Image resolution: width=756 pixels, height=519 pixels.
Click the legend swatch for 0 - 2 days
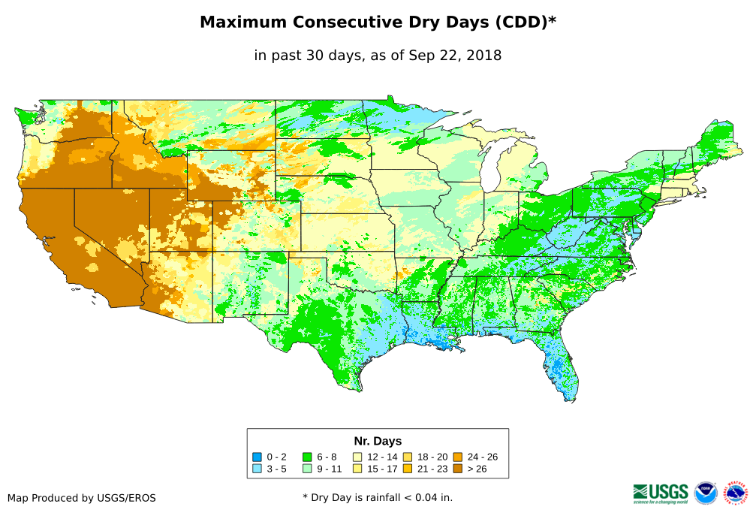258,457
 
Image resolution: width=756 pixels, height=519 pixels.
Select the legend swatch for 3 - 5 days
258,469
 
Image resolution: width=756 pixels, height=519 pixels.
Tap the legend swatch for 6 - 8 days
307,457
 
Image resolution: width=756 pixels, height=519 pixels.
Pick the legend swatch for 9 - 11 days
307,469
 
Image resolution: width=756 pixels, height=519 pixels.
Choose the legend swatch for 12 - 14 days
357,457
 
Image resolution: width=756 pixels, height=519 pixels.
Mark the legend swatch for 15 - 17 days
357,469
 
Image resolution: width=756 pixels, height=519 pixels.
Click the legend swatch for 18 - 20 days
408,457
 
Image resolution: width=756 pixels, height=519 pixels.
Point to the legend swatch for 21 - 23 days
408,469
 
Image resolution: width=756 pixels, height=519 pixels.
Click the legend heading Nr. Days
378,441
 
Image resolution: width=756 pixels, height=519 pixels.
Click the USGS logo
661,493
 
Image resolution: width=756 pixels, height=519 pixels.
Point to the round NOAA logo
706,493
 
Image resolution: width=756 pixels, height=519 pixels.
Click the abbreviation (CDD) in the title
520,23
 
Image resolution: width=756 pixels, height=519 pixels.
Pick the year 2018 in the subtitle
483,55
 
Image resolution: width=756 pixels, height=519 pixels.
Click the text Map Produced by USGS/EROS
82,498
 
